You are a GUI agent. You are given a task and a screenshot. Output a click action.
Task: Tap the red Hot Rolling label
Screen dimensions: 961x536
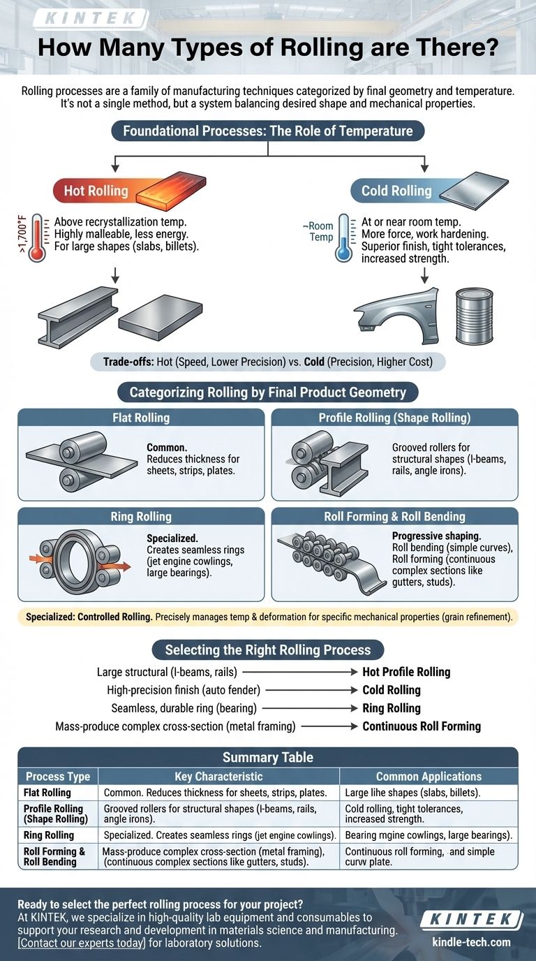point(96,191)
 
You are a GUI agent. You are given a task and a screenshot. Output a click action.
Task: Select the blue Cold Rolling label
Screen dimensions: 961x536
point(396,191)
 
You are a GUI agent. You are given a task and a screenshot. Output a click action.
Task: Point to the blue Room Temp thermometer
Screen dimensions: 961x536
point(343,238)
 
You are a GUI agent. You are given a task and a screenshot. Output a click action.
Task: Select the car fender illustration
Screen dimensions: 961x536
point(396,316)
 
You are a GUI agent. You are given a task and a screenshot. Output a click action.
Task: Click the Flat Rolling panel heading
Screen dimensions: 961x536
point(140,418)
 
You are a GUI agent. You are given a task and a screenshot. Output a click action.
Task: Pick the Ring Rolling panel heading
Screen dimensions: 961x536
point(140,517)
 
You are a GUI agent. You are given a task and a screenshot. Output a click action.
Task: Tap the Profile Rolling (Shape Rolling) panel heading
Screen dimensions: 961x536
point(394,418)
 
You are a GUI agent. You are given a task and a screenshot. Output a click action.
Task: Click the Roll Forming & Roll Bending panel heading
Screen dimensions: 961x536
point(394,517)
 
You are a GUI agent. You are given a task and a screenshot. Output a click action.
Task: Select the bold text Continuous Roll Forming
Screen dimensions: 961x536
point(422,726)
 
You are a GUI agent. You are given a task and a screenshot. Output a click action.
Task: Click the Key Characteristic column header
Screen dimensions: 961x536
point(218,777)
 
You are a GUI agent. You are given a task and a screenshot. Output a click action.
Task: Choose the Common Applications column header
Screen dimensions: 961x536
point(429,777)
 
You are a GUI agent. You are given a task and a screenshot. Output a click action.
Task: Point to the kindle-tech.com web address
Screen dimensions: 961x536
point(471,942)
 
